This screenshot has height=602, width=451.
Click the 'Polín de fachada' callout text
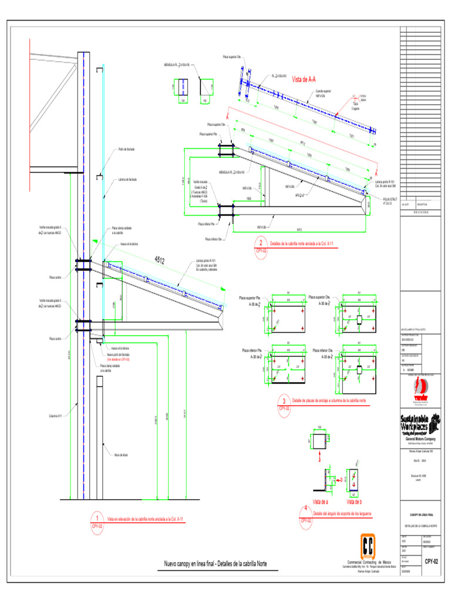127,149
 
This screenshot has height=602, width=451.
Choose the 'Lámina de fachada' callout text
127,179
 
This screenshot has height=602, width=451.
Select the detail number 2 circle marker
260,242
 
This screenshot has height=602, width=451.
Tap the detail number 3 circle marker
284,399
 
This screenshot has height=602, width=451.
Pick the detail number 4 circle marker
305,510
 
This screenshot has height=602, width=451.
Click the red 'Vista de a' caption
321,501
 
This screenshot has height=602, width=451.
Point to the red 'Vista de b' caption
354,501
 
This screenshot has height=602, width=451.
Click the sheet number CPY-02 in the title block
432,561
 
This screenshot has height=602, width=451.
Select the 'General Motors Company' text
419,439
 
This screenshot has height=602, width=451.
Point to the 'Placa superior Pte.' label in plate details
251,299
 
